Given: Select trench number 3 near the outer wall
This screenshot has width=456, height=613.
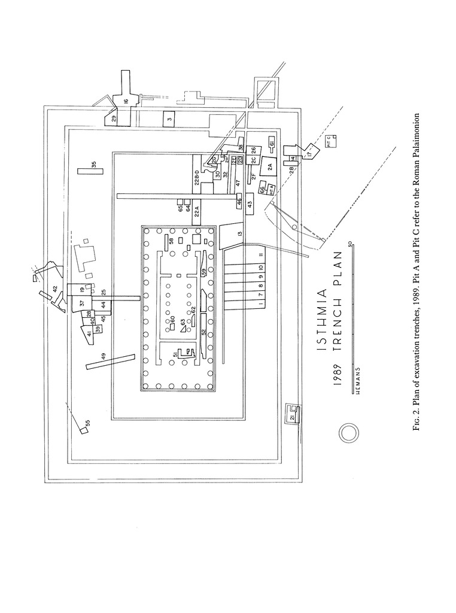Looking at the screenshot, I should (x=169, y=119).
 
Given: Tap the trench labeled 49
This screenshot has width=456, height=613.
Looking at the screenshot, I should (x=110, y=362).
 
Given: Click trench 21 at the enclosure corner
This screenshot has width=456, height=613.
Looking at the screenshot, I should (x=293, y=417).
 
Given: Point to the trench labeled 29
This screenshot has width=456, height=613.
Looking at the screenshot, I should (x=113, y=117).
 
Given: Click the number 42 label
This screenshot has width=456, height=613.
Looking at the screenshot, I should (x=54, y=289).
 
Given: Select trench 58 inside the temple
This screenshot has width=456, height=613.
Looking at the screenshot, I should (x=172, y=241).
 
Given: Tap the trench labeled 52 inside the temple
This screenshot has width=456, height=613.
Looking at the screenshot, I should (x=203, y=331).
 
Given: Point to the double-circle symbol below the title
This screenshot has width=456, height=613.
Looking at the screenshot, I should (x=349, y=432).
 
